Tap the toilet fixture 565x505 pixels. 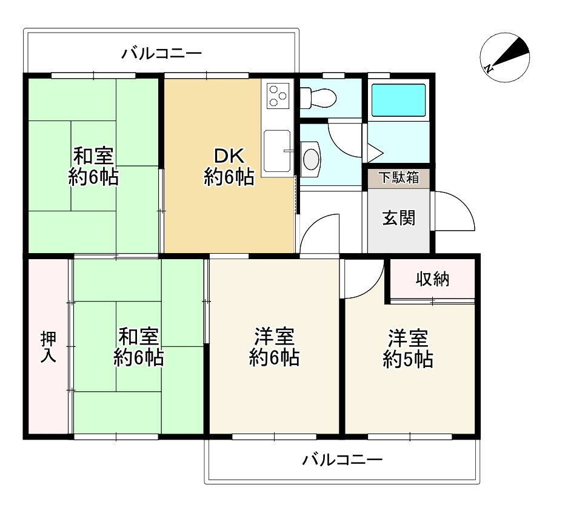pyautogui.click(x=318, y=97)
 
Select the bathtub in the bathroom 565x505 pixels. pyautogui.click(x=398, y=100)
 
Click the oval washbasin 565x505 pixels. pyautogui.click(x=311, y=159)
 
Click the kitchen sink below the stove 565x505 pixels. pyautogui.click(x=277, y=151)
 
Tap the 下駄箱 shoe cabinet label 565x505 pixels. pyautogui.click(x=399, y=177)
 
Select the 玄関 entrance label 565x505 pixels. pyautogui.click(x=399, y=218)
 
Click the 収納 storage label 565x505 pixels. pyautogui.click(x=432, y=279)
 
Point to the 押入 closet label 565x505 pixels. pyautogui.click(x=48, y=347)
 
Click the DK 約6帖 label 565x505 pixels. pyautogui.click(x=229, y=167)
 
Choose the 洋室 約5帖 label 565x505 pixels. pyautogui.click(x=408, y=348)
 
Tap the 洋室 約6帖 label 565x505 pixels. pyautogui.click(x=274, y=347)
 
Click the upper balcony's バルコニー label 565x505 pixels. pyautogui.click(x=161, y=54)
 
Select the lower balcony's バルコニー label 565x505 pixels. pyautogui.click(x=343, y=460)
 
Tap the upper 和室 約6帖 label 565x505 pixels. pyautogui.click(x=93, y=167)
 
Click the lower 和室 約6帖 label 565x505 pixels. pyautogui.click(x=139, y=347)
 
